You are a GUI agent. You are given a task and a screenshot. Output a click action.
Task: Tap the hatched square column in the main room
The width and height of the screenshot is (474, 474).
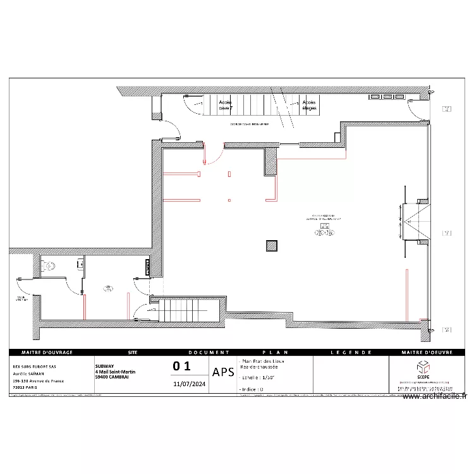[x=272, y=246]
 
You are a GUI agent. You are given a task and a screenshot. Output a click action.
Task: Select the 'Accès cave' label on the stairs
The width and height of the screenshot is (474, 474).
[x=225, y=105]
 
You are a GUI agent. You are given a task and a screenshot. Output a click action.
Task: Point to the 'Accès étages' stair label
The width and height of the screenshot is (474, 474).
[x=309, y=105]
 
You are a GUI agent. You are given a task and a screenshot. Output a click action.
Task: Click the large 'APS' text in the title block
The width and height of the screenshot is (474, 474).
[x=223, y=372]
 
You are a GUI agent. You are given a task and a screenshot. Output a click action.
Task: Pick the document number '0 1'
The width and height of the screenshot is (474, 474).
[x=181, y=366]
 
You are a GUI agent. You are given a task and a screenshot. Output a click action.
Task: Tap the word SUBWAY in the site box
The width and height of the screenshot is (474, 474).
[x=105, y=365]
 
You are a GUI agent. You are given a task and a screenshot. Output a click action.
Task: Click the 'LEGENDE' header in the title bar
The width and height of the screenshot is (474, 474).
[x=351, y=353]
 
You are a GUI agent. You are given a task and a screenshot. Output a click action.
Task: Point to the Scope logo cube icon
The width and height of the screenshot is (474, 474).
[x=422, y=367]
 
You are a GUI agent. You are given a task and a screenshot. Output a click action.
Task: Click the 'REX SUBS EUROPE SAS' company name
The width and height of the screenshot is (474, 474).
[x=35, y=366]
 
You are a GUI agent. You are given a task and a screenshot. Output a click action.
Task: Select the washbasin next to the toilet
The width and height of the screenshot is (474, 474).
[x=80, y=263]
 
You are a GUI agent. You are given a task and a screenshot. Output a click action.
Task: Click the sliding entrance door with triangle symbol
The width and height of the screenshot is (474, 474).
[x=416, y=221]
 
